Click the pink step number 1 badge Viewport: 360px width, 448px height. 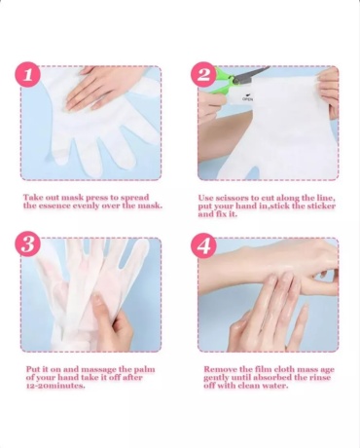(27, 74)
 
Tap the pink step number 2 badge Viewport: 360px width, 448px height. (203, 74)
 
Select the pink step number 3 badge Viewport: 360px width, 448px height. (27, 244)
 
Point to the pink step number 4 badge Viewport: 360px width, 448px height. (203, 245)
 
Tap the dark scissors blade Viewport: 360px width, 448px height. (251, 75)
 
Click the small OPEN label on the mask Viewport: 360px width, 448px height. (247, 99)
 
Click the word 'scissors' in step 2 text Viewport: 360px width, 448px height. (232, 198)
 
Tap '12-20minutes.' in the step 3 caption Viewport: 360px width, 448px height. (55, 386)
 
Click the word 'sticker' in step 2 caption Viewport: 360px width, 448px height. (321, 206)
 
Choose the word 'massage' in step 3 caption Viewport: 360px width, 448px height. (98, 370)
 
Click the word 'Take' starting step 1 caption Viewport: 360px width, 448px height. (32, 198)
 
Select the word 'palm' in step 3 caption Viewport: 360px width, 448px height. (144, 370)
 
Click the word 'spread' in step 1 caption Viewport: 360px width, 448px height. (135, 198)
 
